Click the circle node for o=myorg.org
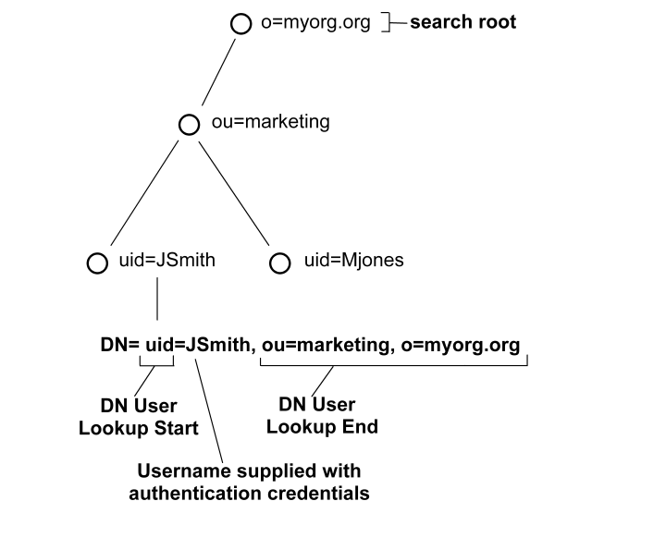point(240,24)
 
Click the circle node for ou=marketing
point(189,124)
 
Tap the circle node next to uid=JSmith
point(96,263)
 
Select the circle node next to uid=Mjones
point(279,263)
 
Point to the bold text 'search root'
point(462,22)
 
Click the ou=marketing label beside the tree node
point(264,122)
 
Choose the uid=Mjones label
point(353,261)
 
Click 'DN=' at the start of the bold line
point(119,345)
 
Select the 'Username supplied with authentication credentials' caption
point(249,482)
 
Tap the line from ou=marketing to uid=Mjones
point(234,193)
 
